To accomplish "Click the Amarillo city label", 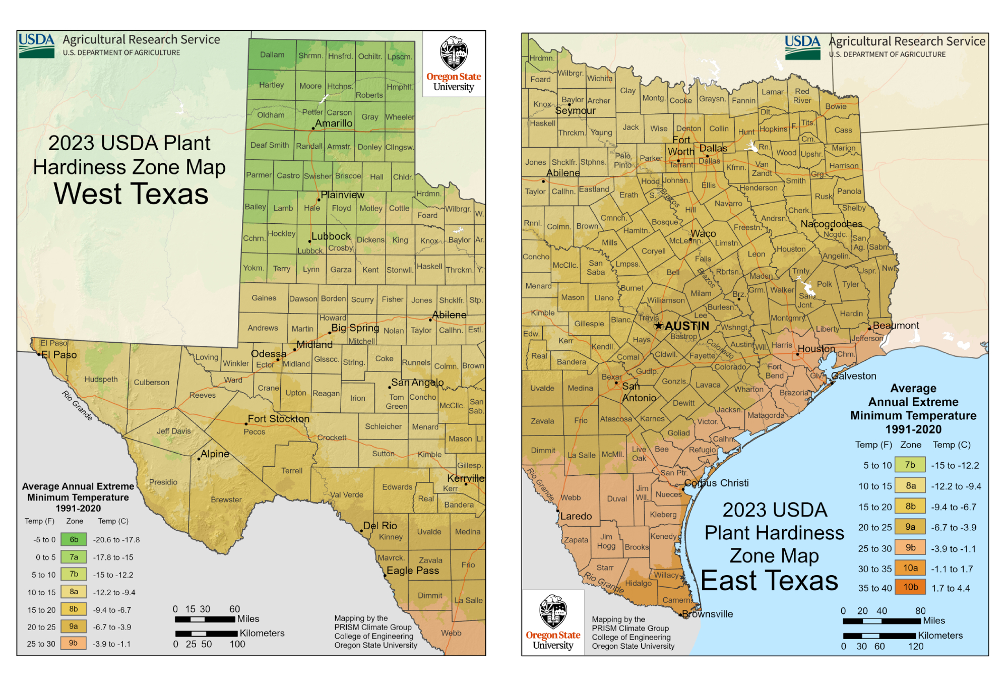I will (x=333, y=123).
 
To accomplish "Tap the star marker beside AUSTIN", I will (x=658, y=326).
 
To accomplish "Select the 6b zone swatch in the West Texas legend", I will (x=74, y=539).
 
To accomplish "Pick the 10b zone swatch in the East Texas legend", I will (x=910, y=587).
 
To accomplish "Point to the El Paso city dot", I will (x=39, y=354).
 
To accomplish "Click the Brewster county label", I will (x=226, y=499).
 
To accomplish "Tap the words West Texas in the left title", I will (x=131, y=194).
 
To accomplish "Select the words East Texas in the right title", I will (x=769, y=581).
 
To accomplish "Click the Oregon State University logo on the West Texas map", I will (x=454, y=64).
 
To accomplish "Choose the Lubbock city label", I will (x=331, y=236).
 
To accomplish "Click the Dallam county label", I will (x=272, y=54).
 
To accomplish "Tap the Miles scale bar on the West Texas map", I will (x=205, y=619).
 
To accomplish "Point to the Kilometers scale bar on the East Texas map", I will (x=879, y=636).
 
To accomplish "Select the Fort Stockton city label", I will (x=278, y=419).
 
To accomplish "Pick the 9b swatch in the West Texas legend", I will (x=74, y=643).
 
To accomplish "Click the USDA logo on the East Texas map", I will (x=802, y=47).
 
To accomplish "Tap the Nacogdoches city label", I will (x=831, y=224).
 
